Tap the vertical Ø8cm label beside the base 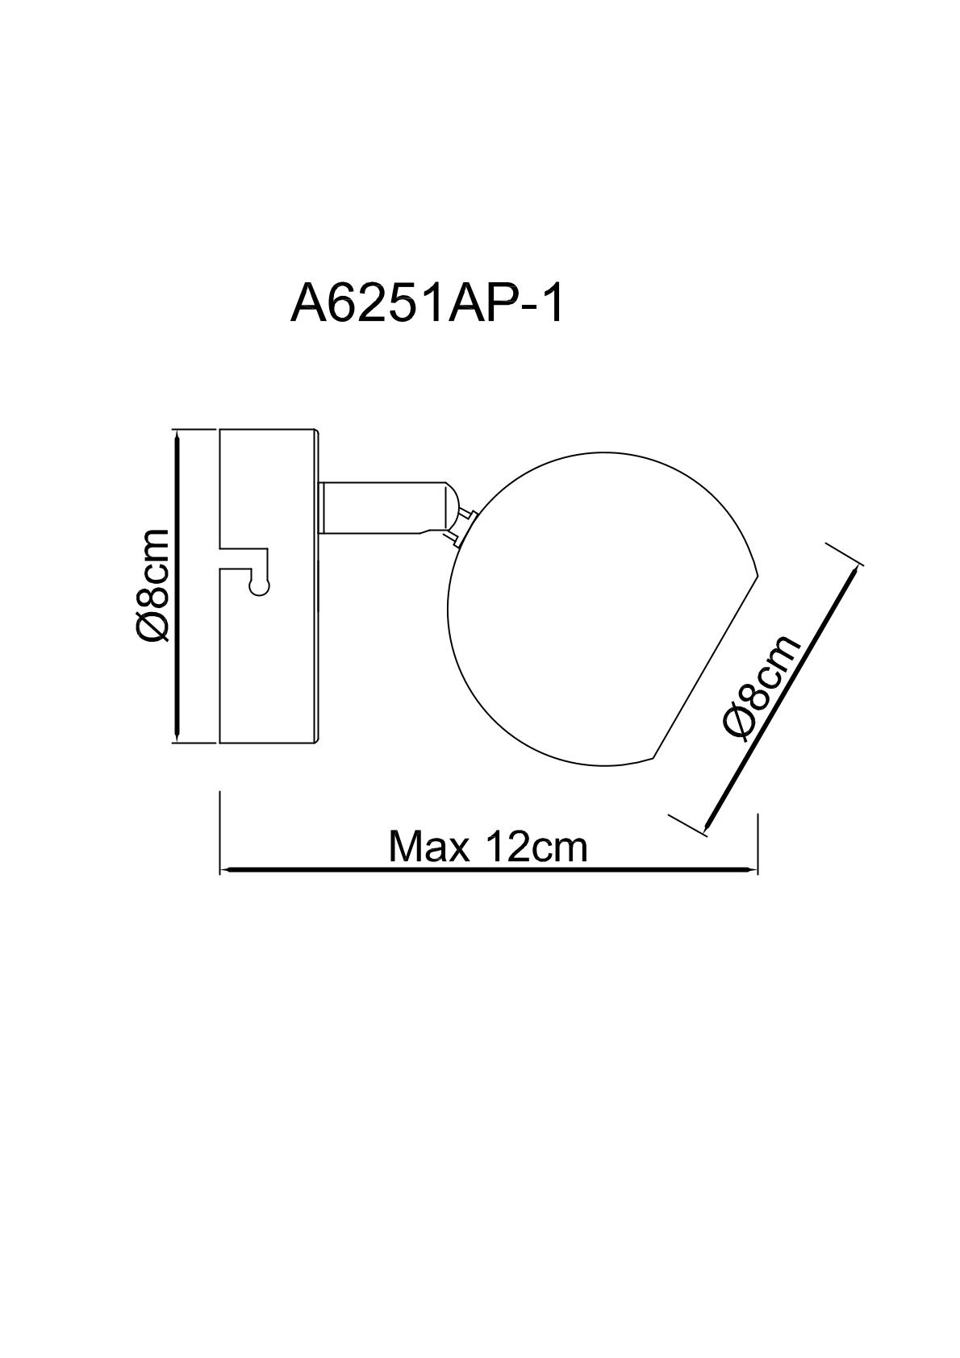[152, 585]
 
